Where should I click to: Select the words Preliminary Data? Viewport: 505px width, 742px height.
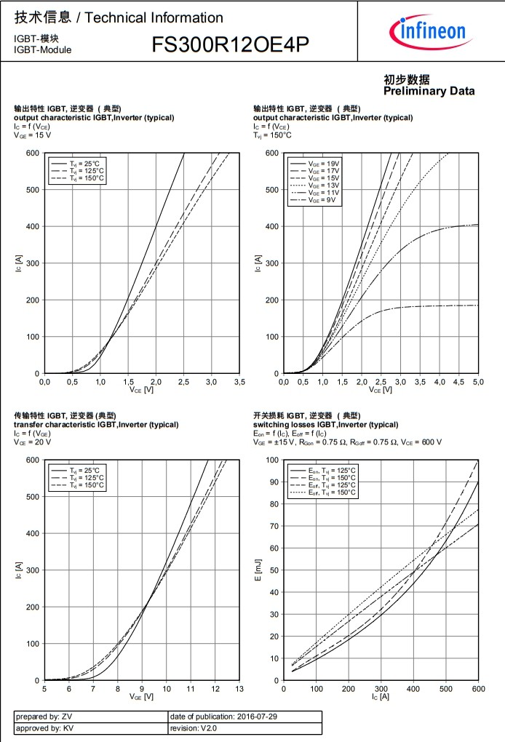pyautogui.click(x=429, y=91)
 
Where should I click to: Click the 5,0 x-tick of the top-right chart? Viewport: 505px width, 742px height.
pyautogui.click(x=479, y=381)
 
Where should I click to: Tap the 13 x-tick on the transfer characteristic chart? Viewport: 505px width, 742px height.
pyautogui.click(x=239, y=688)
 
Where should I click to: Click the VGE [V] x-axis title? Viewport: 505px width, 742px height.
pyautogui.click(x=141, y=697)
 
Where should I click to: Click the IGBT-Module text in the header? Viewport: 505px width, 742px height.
pyautogui.click(x=42, y=49)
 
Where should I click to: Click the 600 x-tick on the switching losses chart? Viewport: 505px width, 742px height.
pyautogui.click(x=478, y=688)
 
